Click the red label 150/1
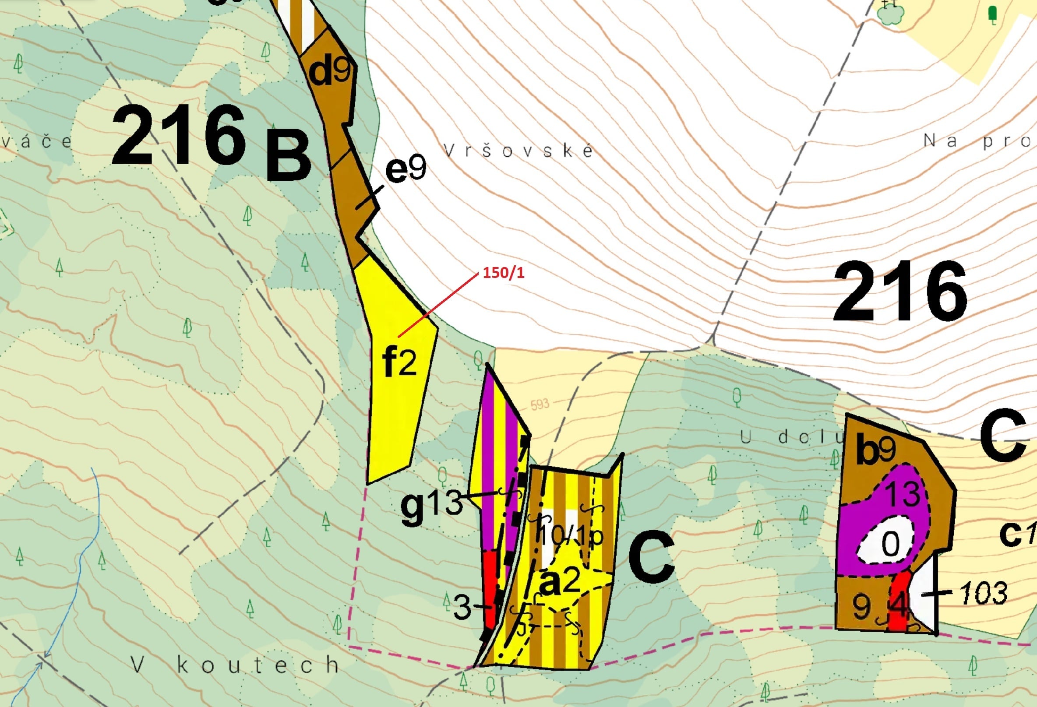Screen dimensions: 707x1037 pyautogui.click(x=503, y=273)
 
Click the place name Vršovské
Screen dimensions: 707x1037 pyautogui.click(x=518, y=151)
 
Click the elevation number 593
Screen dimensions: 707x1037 pyautogui.click(x=540, y=404)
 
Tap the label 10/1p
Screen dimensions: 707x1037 pyautogui.click(x=571, y=535)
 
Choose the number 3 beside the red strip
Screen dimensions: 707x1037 pyautogui.click(x=462, y=607)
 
